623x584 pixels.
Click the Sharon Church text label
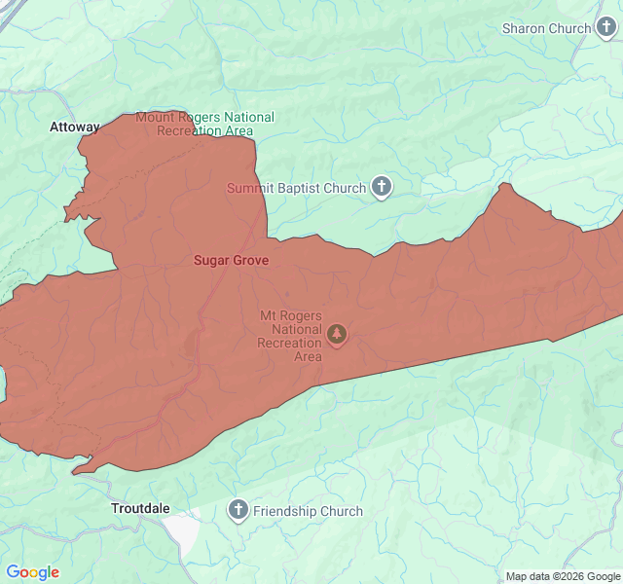point(546,28)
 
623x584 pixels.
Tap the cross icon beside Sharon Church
point(606,27)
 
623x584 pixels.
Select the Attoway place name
point(75,127)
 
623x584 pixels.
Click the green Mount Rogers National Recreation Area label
point(204,124)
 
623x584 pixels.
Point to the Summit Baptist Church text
point(296,188)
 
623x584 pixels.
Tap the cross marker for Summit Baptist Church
point(382,187)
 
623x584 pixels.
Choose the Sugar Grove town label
point(231,260)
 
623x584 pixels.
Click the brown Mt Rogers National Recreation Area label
point(290,336)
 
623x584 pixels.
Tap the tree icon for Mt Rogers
point(337,335)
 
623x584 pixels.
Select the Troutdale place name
point(140,508)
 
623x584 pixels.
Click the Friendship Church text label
point(308,511)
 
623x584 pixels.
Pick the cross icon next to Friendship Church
point(238,510)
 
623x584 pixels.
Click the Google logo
point(32,572)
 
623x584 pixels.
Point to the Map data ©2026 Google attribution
point(563,576)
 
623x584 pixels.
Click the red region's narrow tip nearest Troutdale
point(76,472)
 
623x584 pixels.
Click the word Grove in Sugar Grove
point(250,260)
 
